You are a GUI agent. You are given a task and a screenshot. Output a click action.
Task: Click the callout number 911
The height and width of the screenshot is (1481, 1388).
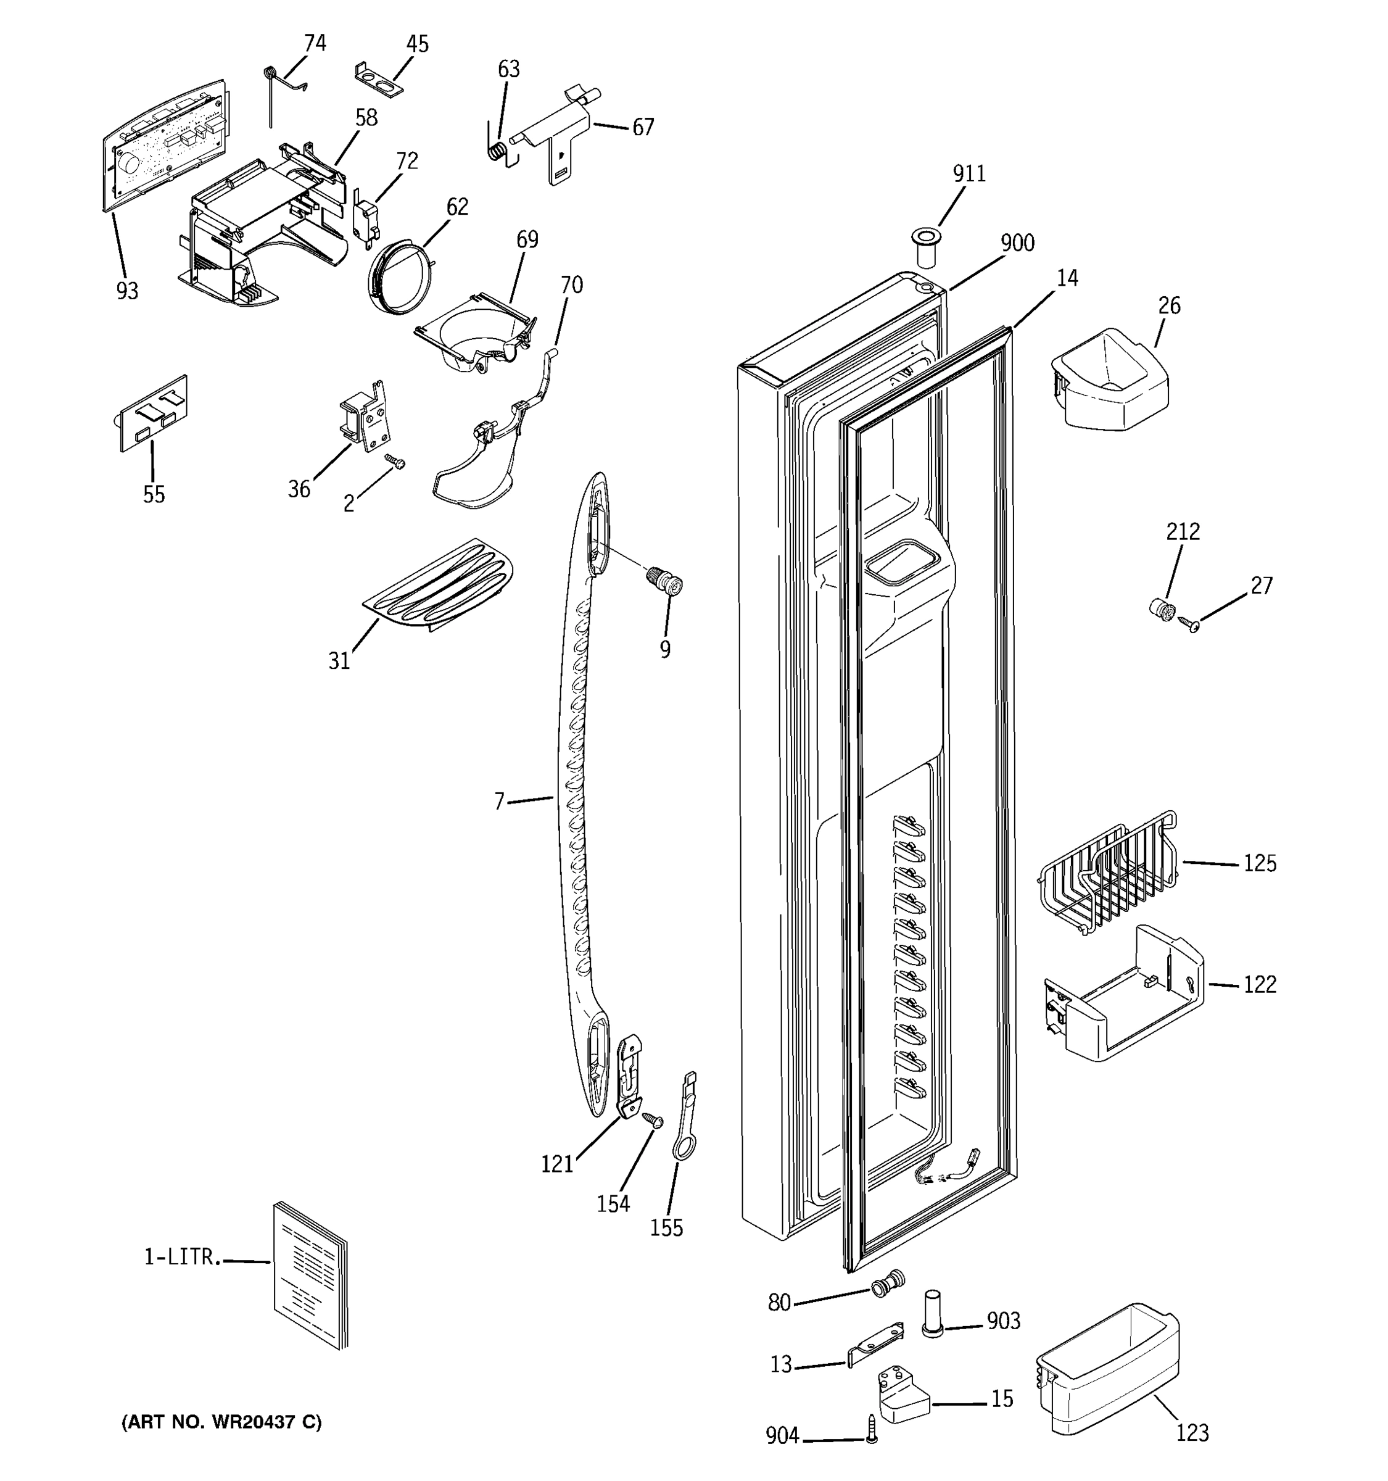[x=969, y=173]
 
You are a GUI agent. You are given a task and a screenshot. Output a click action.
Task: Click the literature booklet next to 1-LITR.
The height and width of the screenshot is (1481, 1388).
[x=310, y=1274]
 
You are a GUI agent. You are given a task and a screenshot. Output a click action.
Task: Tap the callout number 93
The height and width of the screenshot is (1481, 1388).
[x=127, y=291]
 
